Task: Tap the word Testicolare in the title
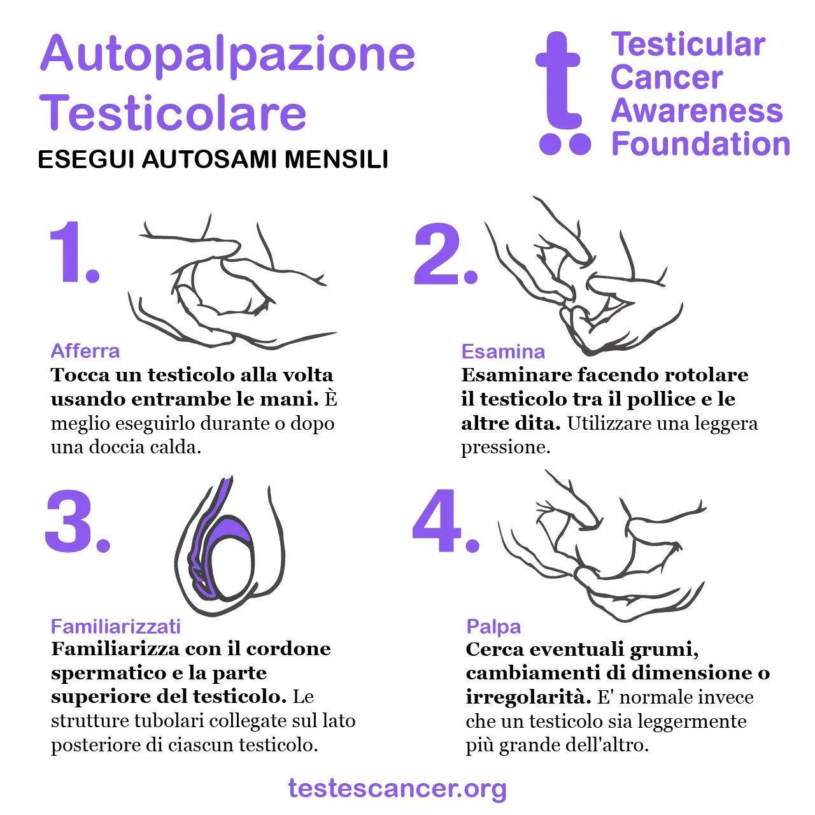173,111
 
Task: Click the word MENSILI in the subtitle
336,159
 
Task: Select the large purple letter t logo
560,92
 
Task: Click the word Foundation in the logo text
700,144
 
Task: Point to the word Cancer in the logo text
667,78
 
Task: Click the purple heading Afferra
85,351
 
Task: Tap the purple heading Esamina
503,351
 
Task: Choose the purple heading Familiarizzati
115,627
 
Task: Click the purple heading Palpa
493,627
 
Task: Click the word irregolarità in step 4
528,697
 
